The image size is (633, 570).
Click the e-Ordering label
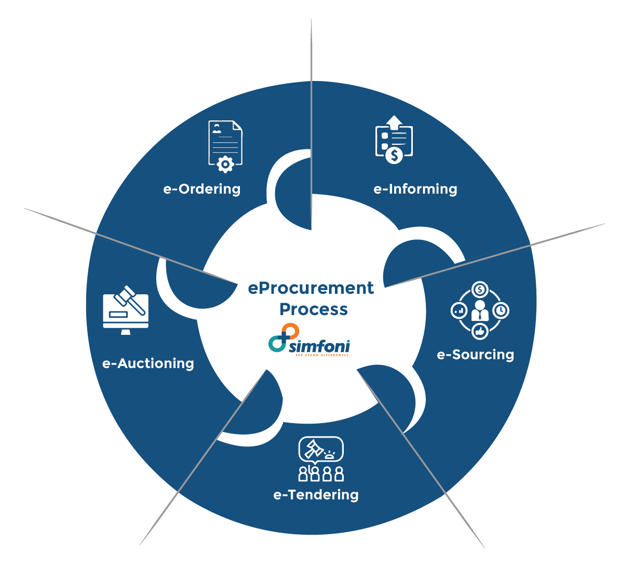(202, 189)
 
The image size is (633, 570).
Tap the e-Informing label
(415, 189)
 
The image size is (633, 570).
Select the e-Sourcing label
(476, 355)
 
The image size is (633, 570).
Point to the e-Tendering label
(316, 495)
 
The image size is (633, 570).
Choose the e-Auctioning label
(148, 363)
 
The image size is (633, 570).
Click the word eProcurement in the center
(311, 288)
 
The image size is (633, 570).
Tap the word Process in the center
(314, 309)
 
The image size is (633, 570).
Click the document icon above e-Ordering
(225, 143)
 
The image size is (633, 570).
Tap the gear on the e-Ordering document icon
(225, 165)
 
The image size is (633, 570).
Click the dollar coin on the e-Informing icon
(395, 155)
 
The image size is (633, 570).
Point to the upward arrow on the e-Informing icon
(395, 122)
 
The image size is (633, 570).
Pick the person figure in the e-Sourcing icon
(480, 310)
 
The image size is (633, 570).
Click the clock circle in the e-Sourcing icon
(501, 310)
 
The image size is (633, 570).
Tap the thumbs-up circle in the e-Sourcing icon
(480, 331)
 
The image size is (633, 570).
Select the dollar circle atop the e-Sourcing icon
(480, 290)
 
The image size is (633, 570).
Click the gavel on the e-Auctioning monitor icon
(128, 300)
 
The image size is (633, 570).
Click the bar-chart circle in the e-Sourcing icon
(459, 310)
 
